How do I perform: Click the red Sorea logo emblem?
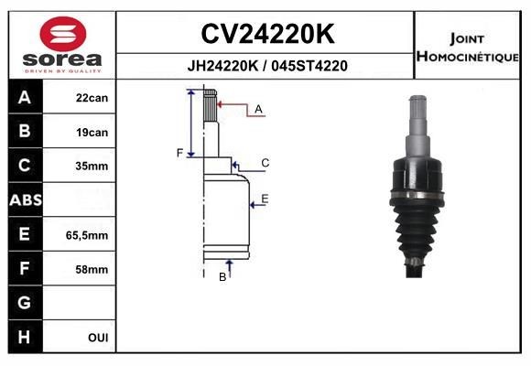(63, 34)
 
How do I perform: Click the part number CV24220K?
(267, 34)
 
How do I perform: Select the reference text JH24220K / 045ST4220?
(267, 66)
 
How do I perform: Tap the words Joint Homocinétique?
(467, 48)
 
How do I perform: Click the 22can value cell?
(92, 98)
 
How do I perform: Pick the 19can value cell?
(92, 133)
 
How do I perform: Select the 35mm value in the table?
(92, 166)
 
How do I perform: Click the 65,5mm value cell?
(87, 235)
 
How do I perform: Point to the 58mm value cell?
(92, 270)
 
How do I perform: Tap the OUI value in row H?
(98, 338)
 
